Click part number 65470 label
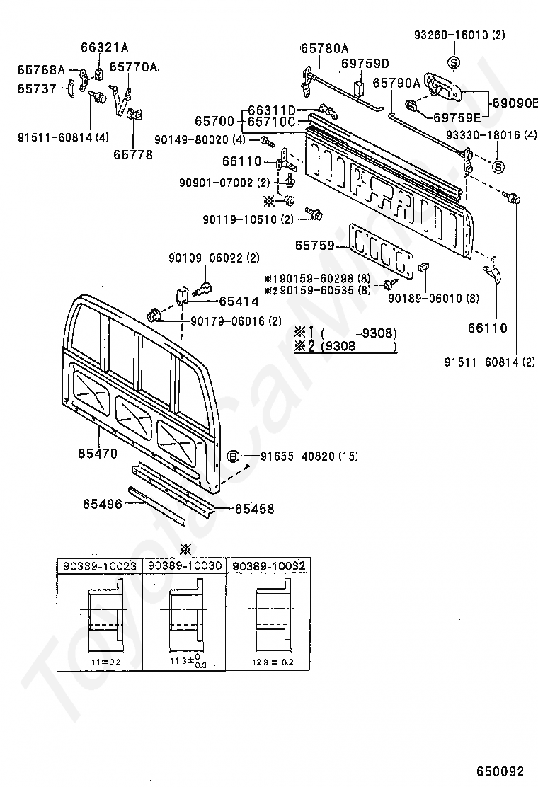click(97, 452)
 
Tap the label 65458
click(254, 508)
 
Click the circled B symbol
click(234, 456)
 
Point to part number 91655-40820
click(290, 456)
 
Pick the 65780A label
click(325, 49)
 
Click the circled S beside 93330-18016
click(498, 167)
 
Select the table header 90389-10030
click(184, 566)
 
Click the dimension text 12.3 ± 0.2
click(273, 662)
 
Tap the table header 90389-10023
click(100, 566)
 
